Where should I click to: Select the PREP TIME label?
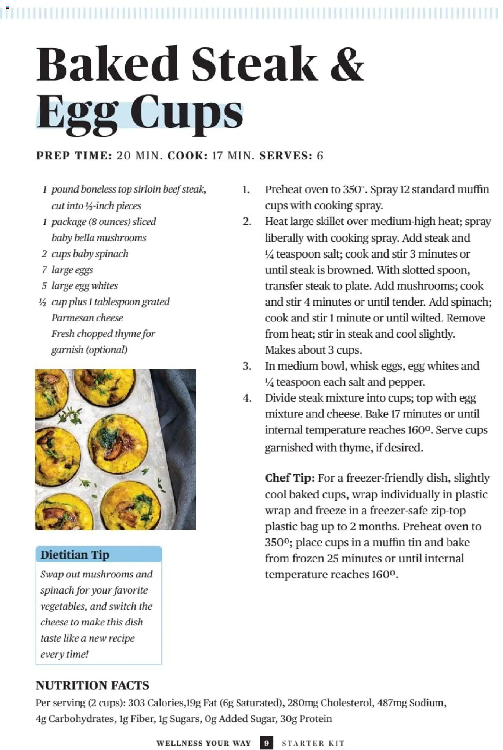pos(74,156)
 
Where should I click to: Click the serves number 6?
pos(320,156)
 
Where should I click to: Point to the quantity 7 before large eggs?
pos(44,270)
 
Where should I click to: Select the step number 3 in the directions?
pos(247,366)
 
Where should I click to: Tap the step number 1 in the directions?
pos(246,190)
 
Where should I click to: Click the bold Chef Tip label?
pos(289,478)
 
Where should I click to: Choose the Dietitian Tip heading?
pos(75,554)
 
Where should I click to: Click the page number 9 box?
pos(266,743)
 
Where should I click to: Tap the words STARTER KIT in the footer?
pos(313,743)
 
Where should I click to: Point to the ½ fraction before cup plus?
pos(43,302)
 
